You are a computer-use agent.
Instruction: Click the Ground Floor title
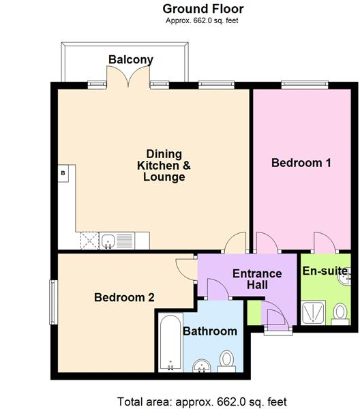pos(202,9)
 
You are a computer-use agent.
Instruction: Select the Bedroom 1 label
pos(301,163)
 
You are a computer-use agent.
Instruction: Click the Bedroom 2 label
pos(124,297)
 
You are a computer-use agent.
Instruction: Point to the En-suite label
pos(325,271)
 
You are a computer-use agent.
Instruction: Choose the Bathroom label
pos(210,332)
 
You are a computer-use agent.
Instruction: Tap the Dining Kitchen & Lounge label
pos(164,165)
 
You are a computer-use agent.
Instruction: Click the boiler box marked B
pos(63,174)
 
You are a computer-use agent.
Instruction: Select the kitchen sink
pos(108,240)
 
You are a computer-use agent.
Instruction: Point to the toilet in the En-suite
pos(339,314)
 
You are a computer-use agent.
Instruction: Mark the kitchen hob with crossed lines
pos(89,240)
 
